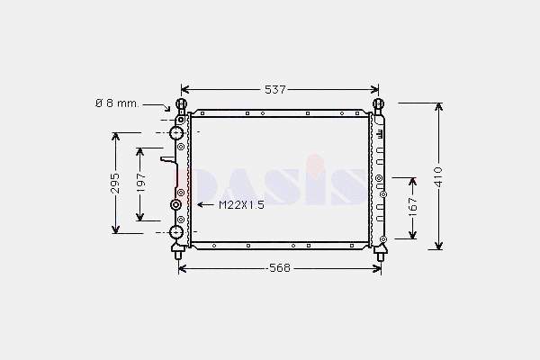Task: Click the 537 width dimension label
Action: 275,90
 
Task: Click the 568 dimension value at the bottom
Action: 280,268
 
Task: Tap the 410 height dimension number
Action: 438,177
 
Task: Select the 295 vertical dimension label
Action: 116,184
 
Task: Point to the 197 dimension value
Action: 141,183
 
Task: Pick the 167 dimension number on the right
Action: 412,207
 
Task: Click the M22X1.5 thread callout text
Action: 242,205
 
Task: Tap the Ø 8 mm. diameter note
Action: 117,103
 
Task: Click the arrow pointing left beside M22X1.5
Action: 205,205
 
